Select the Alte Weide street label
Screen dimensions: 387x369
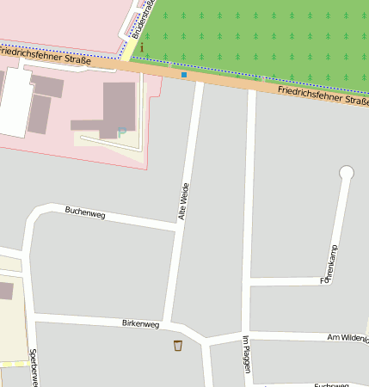click(182, 202)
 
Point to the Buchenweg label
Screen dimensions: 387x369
click(84, 213)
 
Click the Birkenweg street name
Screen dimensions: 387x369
click(141, 324)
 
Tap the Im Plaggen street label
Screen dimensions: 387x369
click(245, 353)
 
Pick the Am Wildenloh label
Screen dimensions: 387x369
click(347, 338)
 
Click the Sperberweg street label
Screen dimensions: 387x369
click(33, 367)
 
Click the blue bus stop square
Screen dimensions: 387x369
click(183, 75)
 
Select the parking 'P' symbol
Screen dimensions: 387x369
click(121, 132)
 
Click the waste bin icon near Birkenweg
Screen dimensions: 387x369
click(178, 346)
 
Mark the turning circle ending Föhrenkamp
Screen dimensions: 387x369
click(347, 173)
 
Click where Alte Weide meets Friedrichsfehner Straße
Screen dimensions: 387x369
click(199, 79)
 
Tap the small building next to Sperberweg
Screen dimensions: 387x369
click(5, 290)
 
